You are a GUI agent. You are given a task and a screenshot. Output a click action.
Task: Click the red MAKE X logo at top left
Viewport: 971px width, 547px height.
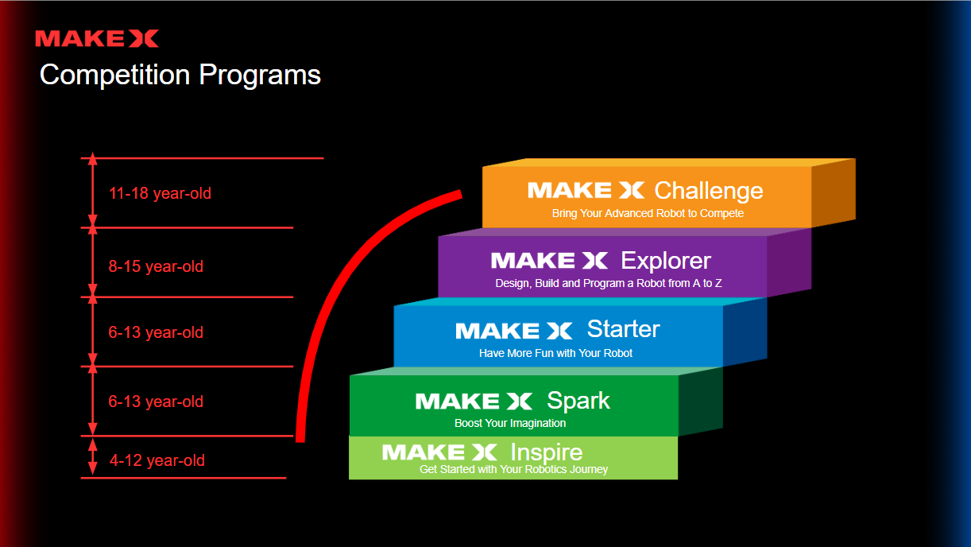(x=97, y=38)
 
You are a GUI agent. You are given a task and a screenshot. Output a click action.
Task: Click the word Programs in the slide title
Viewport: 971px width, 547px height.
(x=260, y=75)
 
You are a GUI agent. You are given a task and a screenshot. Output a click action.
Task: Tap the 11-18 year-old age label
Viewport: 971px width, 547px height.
(x=160, y=193)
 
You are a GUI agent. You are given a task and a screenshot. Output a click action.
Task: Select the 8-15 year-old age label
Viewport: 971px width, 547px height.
(x=156, y=266)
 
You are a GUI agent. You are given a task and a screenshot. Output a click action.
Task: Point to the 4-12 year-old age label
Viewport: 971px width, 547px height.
(x=157, y=460)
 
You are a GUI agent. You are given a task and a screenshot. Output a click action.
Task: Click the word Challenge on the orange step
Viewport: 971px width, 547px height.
(x=708, y=191)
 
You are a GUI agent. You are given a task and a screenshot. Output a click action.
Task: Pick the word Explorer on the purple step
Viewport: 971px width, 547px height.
(x=666, y=260)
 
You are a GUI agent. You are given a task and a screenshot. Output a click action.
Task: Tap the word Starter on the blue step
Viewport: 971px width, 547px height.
(x=623, y=329)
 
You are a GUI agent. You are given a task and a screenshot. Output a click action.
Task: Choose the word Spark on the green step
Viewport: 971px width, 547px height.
(x=578, y=400)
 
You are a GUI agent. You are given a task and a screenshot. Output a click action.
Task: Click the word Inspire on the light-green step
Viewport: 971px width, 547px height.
(x=546, y=452)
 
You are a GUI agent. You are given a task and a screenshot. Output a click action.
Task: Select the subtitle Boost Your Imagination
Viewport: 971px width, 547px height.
(x=510, y=423)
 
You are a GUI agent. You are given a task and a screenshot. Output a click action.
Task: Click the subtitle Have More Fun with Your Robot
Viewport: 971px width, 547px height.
(x=555, y=353)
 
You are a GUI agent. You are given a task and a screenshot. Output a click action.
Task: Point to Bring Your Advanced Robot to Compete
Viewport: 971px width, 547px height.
(x=648, y=213)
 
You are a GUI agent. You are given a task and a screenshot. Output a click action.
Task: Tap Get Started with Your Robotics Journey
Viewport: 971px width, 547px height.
(x=513, y=469)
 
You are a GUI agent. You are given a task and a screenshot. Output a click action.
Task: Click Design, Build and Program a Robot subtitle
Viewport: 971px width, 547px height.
(x=608, y=283)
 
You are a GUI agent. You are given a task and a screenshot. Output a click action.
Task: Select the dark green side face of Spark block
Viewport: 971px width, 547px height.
(x=700, y=402)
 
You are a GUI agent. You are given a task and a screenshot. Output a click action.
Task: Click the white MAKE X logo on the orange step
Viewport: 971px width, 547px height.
(x=586, y=190)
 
